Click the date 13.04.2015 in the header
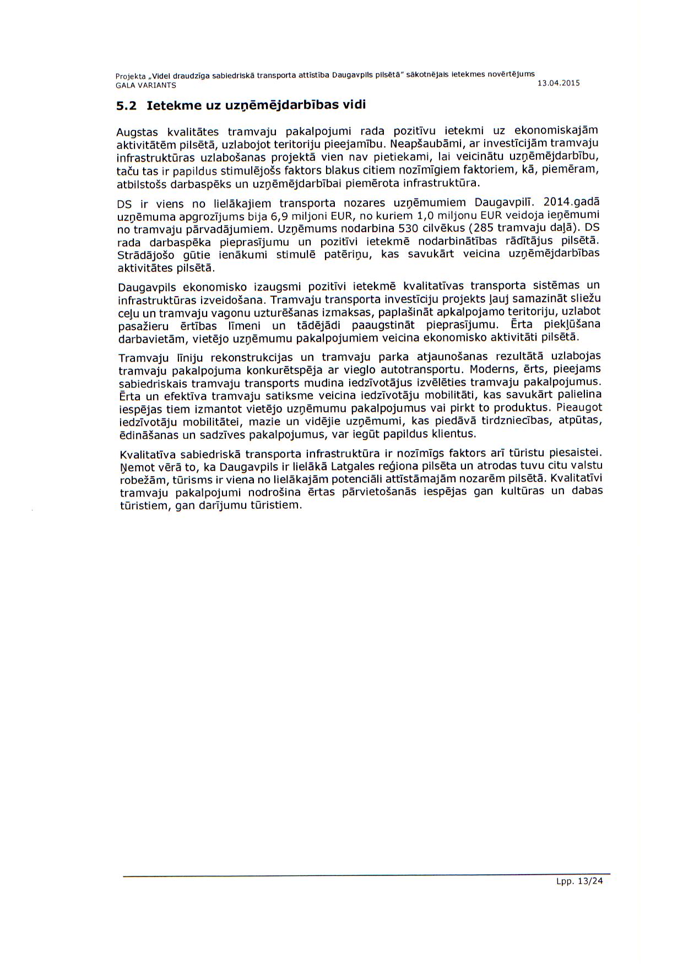[x=559, y=84]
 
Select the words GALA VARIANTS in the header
[x=146, y=85]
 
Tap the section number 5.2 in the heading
[x=126, y=106]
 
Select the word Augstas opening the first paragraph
[x=137, y=132]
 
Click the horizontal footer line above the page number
[x=366, y=874]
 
